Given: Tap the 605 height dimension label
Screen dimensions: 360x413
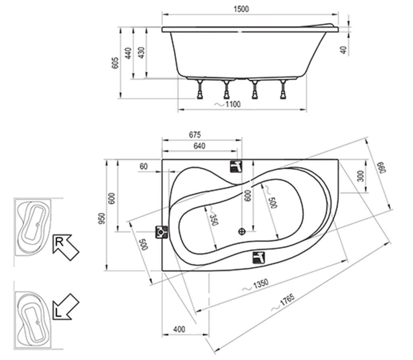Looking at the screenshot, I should (x=115, y=62).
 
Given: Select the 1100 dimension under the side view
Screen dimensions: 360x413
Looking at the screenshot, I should (x=232, y=104).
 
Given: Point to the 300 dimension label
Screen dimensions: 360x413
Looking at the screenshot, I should (x=361, y=176).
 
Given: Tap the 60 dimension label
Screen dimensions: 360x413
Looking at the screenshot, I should (x=144, y=166).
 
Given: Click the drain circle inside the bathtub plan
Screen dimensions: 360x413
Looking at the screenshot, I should (x=242, y=231).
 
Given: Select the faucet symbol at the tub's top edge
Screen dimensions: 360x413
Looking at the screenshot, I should (x=236, y=166).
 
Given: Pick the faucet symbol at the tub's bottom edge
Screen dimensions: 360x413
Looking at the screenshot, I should (x=259, y=257).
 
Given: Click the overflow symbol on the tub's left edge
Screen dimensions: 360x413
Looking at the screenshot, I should (x=161, y=232).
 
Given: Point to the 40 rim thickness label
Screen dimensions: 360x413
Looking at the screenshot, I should (x=344, y=50).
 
